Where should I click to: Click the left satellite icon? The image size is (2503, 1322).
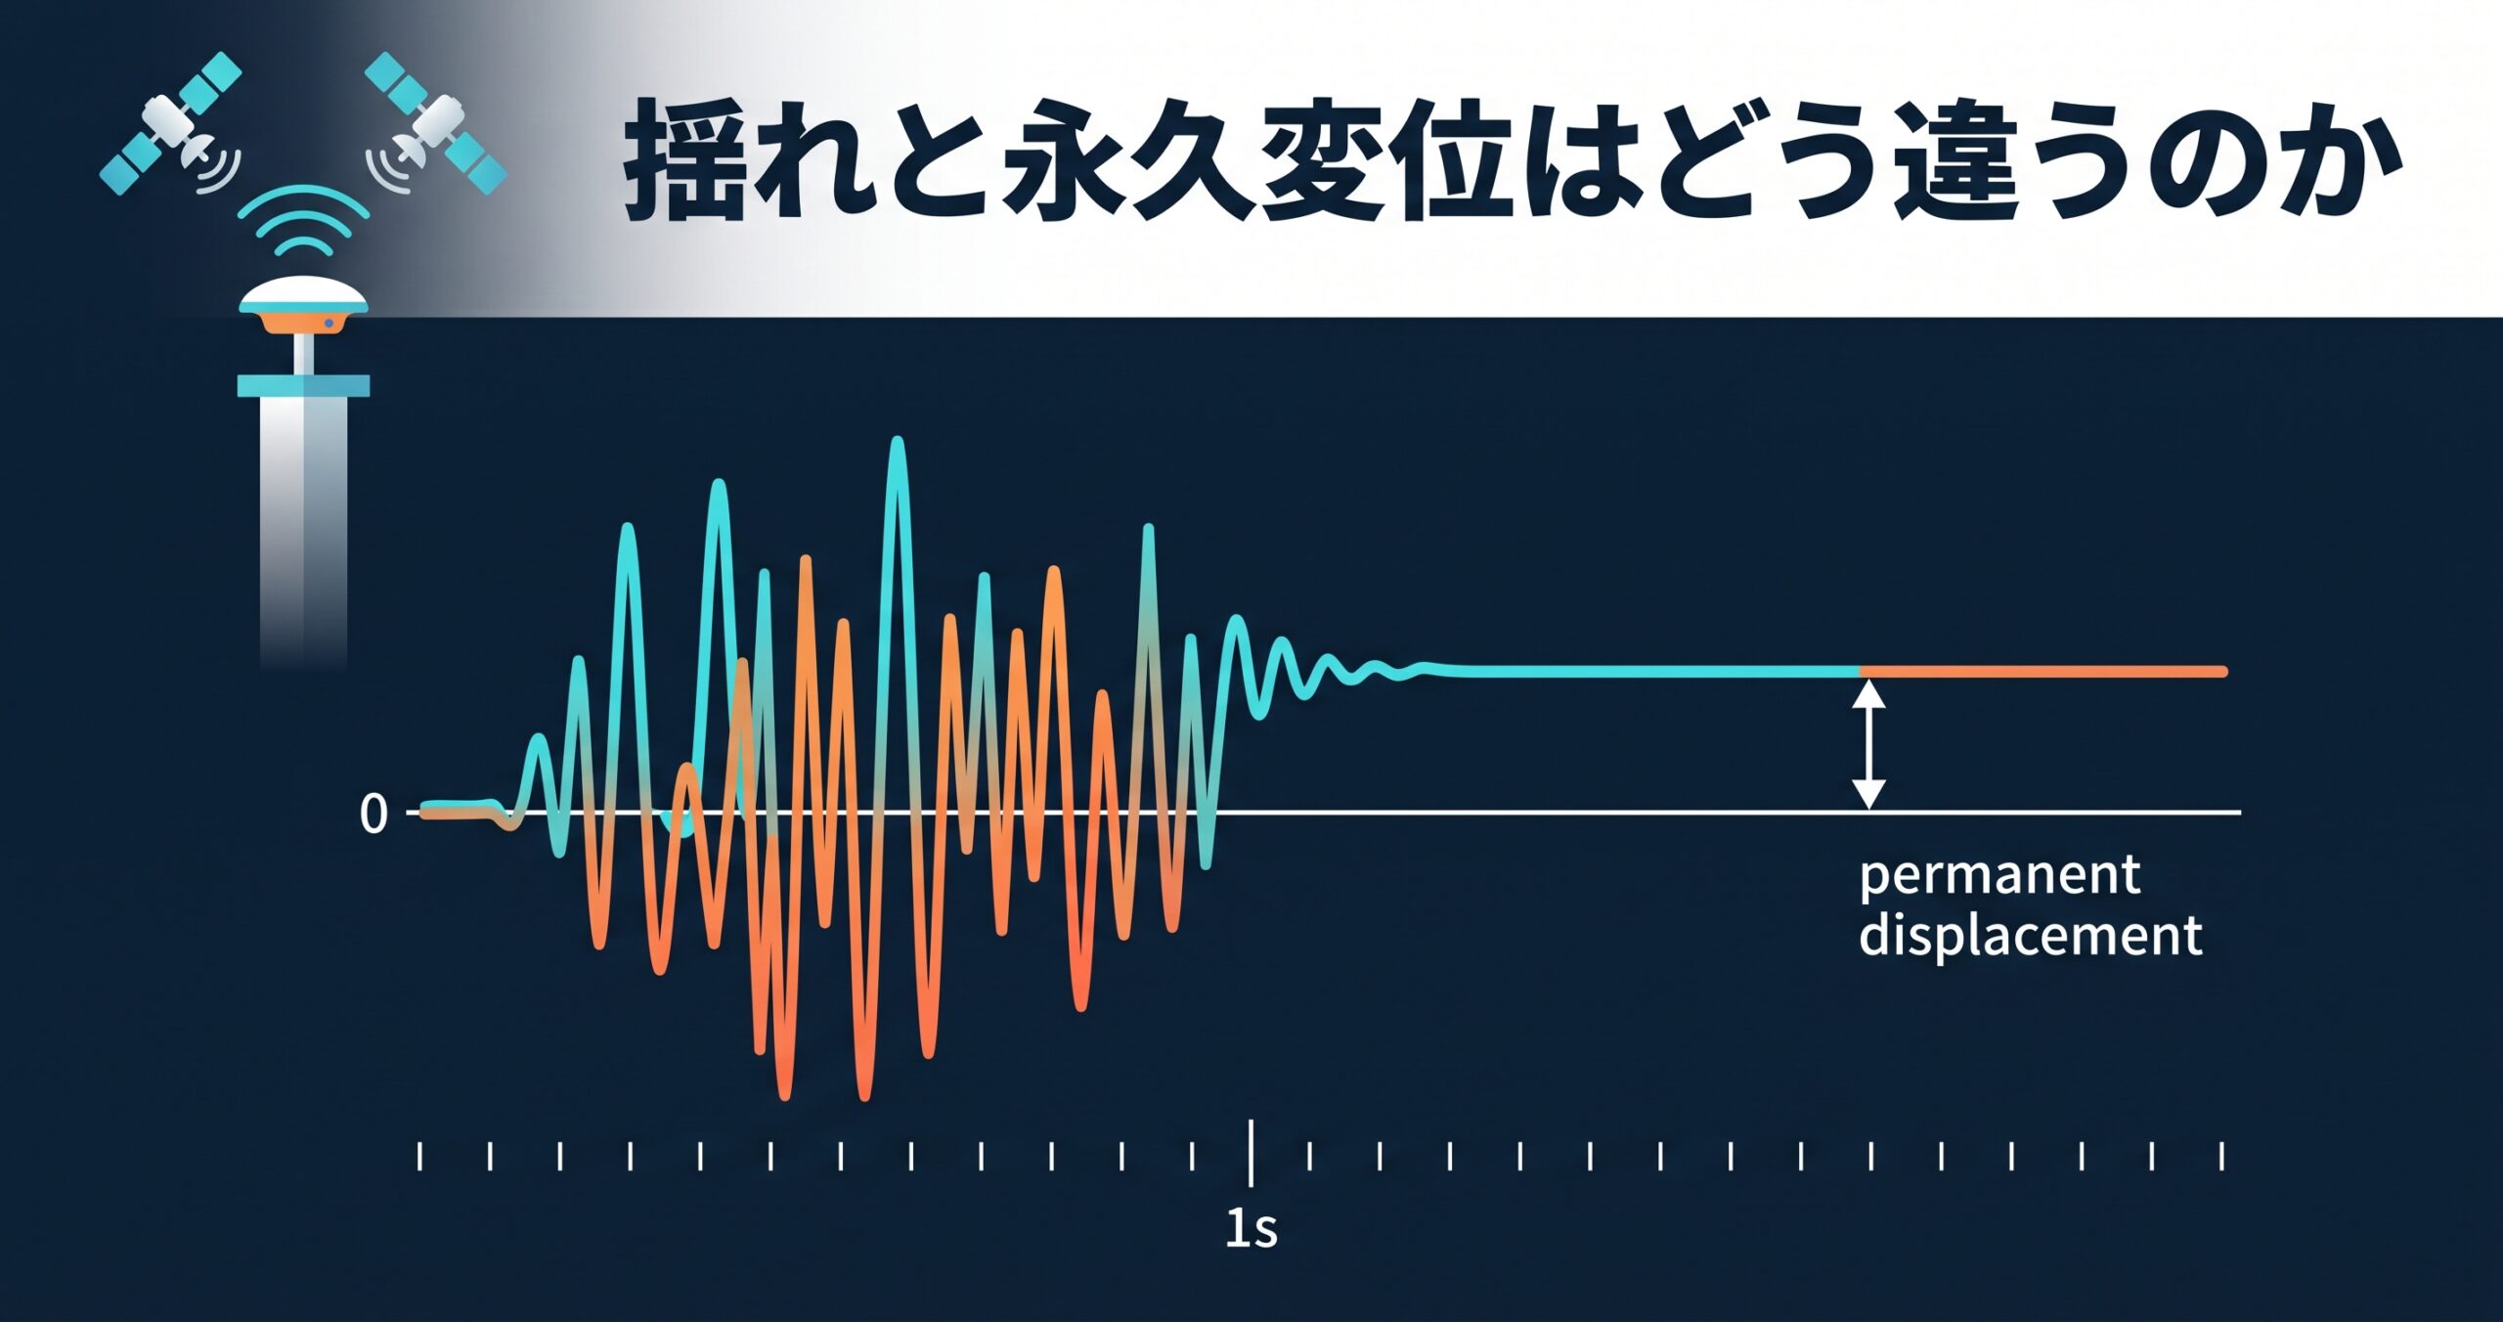pos(171,122)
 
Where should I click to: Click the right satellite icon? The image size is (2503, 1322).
pos(435,122)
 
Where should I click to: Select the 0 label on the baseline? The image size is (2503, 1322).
pos(373,814)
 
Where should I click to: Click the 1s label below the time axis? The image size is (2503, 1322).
pos(1251,1228)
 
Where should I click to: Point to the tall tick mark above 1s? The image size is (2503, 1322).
pos(1251,1153)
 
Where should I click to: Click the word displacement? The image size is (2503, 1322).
pos(2031,935)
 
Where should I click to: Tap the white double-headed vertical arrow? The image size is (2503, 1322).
pos(1869,744)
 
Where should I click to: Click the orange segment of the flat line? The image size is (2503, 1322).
pos(2043,671)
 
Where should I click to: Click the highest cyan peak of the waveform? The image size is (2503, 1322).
pos(898,442)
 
